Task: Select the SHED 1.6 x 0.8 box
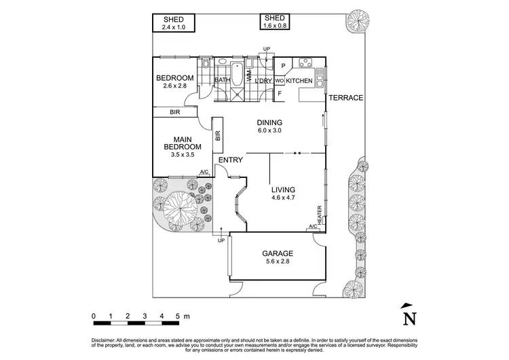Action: click(x=275, y=22)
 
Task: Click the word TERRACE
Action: click(x=346, y=98)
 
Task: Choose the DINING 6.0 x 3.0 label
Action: click(x=269, y=126)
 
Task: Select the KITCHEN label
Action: click(x=299, y=81)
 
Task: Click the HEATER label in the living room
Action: click(x=319, y=213)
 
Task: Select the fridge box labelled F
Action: click(x=279, y=94)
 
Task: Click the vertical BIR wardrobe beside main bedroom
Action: click(x=218, y=136)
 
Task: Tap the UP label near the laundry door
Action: click(x=267, y=49)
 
